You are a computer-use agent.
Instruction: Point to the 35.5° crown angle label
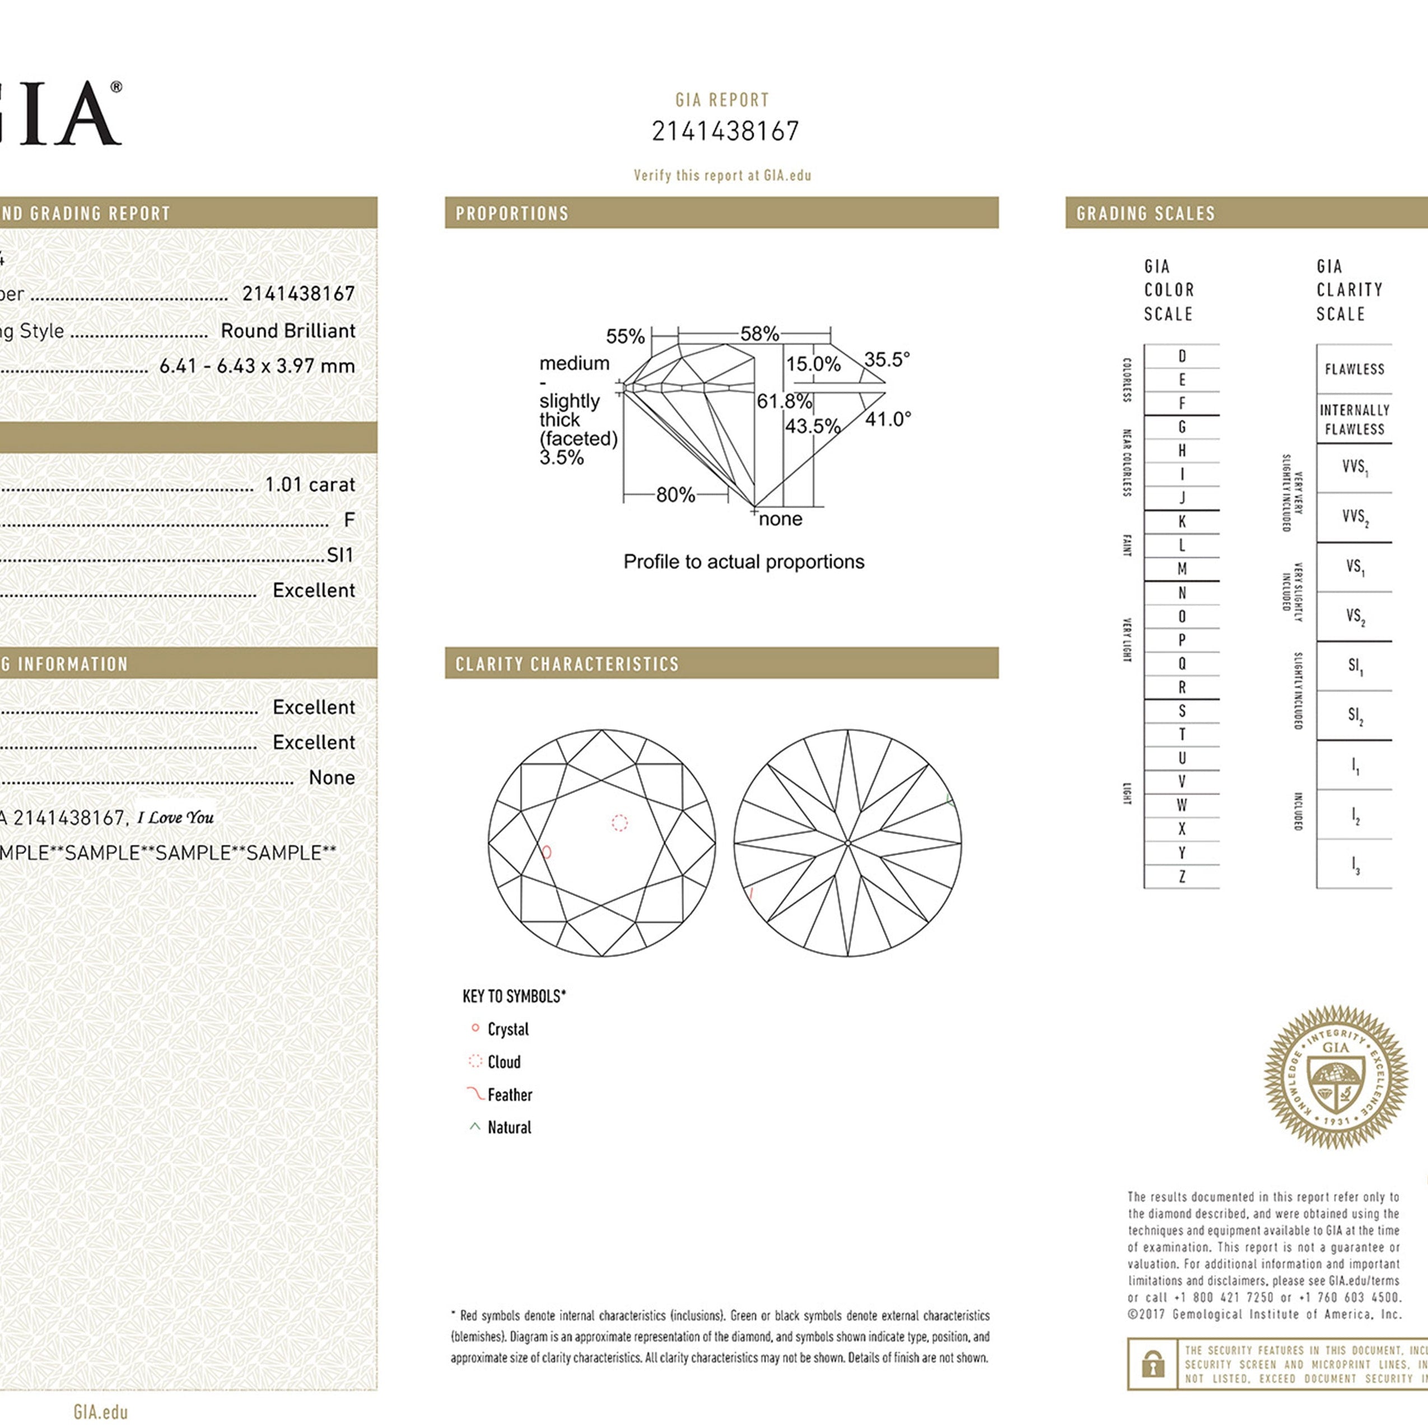point(886,360)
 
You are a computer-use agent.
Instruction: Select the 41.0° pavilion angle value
point(888,419)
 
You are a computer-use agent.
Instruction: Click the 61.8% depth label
point(783,402)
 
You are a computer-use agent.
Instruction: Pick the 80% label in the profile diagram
point(675,495)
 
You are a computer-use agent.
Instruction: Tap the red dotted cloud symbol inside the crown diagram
point(619,823)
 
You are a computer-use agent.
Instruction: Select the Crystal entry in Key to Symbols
point(508,1029)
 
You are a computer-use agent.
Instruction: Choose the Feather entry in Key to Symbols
point(509,1095)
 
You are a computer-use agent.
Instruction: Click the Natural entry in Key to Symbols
point(509,1127)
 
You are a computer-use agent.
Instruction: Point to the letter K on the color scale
point(1182,522)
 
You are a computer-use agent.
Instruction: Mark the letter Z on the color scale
point(1182,876)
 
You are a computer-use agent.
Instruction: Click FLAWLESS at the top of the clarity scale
point(1354,369)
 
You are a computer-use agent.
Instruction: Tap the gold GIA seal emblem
point(1336,1077)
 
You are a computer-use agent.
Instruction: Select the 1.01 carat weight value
point(310,485)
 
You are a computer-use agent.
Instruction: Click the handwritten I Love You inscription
point(176,818)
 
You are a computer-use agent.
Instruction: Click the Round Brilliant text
point(287,331)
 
